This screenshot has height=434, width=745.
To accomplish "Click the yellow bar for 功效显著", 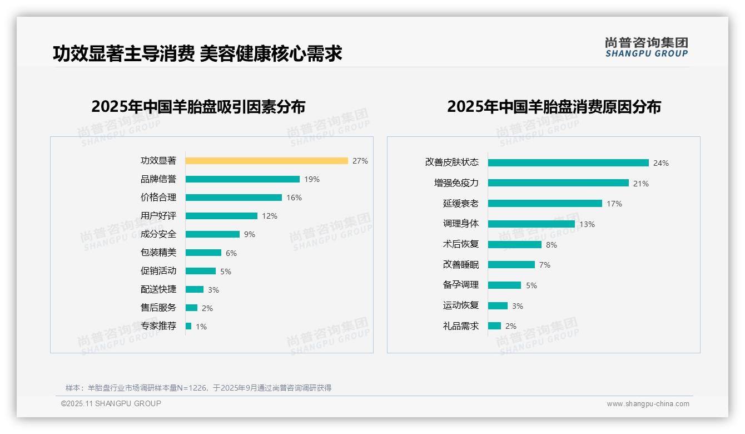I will pyautogui.click(x=266, y=161).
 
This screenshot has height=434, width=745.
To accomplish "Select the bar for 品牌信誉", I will pyautogui.click(x=242, y=179).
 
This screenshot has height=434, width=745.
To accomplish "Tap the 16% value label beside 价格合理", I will pyautogui.click(x=294, y=198).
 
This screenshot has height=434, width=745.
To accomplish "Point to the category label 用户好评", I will pyautogui.click(x=158, y=216).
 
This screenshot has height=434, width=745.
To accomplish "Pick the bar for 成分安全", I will pyautogui.click(x=212, y=234).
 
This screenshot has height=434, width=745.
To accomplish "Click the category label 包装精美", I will pyautogui.click(x=158, y=253).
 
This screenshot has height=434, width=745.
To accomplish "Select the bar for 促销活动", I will pyautogui.click(x=201, y=271).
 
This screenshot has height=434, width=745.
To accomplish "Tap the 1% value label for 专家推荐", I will pyautogui.click(x=201, y=327).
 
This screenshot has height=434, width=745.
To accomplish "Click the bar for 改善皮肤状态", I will pyautogui.click(x=568, y=163).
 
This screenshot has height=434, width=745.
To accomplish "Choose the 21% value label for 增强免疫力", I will pyautogui.click(x=641, y=184).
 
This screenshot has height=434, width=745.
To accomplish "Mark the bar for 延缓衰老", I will pyautogui.click(x=545, y=204).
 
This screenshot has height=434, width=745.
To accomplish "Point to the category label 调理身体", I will pyautogui.click(x=460, y=224).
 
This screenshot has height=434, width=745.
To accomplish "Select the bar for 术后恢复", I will pyautogui.click(x=515, y=244).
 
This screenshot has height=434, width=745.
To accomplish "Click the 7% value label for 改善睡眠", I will pyautogui.click(x=545, y=265).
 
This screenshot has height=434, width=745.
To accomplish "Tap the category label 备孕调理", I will pyautogui.click(x=460, y=285).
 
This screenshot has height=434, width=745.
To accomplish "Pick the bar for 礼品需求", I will pyautogui.click(x=494, y=326).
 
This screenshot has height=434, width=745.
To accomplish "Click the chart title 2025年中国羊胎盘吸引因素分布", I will pyautogui.click(x=198, y=107).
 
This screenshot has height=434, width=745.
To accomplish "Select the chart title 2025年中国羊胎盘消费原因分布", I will pyautogui.click(x=554, y=107).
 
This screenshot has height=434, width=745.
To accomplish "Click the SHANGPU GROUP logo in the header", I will pyautogui.click(x=646, y=47).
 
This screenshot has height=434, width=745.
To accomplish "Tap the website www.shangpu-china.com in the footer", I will pyautogui.click(x=648, y=404).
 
